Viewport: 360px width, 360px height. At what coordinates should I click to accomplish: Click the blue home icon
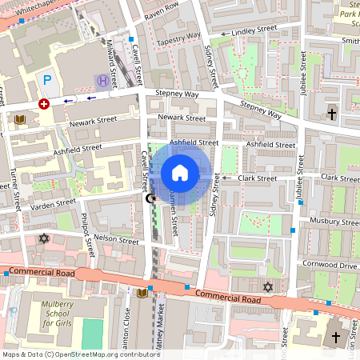pyautogui.click(x=180, y=173)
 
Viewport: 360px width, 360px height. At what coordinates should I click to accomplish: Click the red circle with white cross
pyautogui.click(x=44, y=103)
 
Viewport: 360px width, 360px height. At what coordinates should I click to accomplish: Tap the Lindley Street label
pyautogui.click(x=254, y=30)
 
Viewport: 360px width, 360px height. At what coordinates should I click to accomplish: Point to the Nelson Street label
pyautogui.click(x=116, y=238)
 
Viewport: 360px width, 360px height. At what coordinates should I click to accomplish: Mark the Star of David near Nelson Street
pyautogui.click(x=44, y=238)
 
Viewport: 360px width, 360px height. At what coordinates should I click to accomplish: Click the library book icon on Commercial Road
pyautogui.click(x=142, y=293)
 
